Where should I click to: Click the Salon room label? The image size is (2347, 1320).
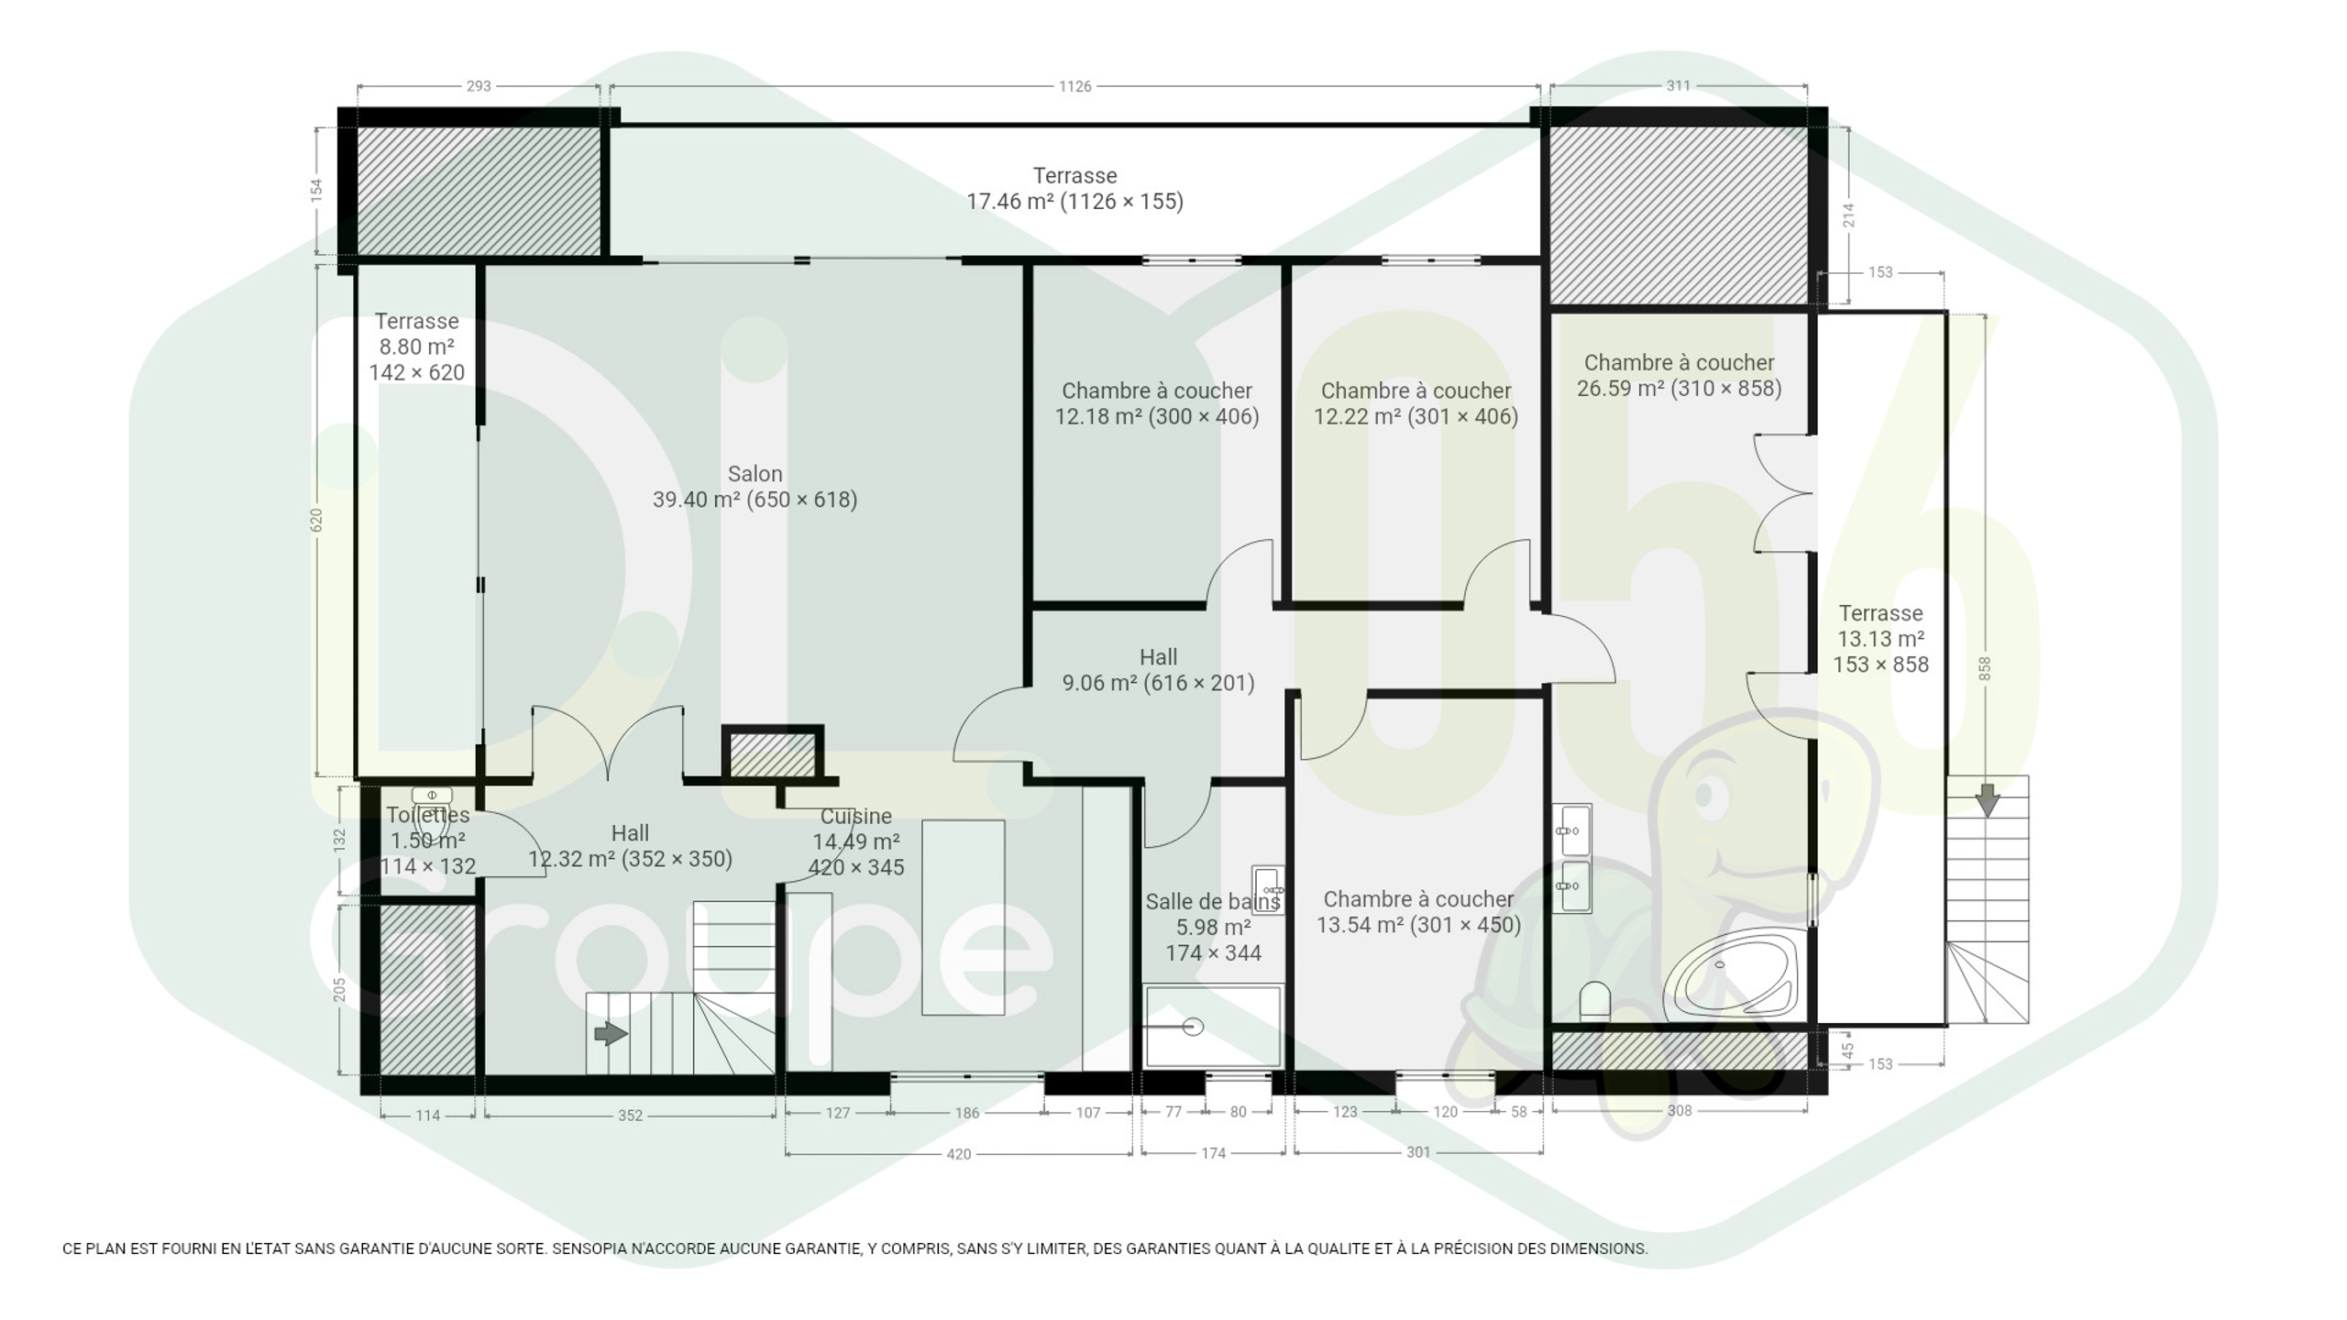click(755, 487)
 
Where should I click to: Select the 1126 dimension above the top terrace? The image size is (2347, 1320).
click(1074, 86)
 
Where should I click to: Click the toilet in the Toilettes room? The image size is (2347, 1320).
click(432, 810)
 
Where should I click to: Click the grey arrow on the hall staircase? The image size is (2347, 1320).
click(611, 1034)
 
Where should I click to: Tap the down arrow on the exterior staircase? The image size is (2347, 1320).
click(1988, 799)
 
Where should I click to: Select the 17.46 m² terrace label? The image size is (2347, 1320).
click(1074, 188)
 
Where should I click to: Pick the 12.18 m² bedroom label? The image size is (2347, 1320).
click(1157, 403)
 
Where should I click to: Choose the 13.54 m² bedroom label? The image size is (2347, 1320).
click(1418, 912)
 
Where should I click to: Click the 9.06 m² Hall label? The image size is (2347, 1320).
click(1158, 670)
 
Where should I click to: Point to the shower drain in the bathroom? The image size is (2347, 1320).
click(1193, 1027)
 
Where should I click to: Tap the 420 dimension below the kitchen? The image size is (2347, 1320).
click(958, 1154)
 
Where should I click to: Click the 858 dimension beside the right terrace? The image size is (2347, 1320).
click(1985, 668)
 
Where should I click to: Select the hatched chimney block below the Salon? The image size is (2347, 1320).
click(772, 755)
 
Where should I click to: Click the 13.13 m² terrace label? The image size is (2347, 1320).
click(1880, 639)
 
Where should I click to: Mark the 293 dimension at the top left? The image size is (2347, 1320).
click(479, 86)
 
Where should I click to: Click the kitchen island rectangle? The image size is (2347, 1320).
click(963, 918)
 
